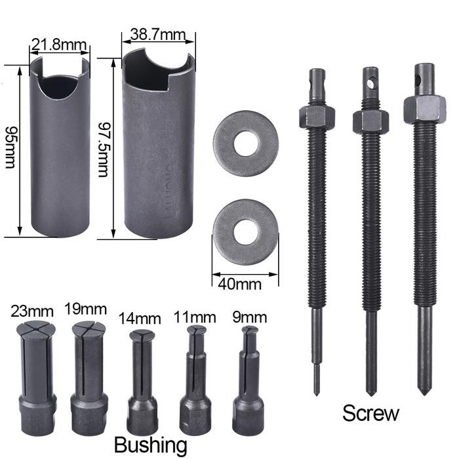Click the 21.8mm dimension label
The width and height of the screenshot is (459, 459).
click(x=59, y=45)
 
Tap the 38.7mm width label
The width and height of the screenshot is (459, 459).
click(x=157, y=32)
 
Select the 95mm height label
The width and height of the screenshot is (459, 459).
click(x=10, y=147)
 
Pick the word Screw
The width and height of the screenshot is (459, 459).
click(x=370, y=413)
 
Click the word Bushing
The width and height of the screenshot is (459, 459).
click(x=151, y=445)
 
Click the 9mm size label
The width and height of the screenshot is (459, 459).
click(x=250, y=318)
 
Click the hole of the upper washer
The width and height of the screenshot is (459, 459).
click(x=246, y=143)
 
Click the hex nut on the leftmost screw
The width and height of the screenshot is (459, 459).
click(x=317, y=117)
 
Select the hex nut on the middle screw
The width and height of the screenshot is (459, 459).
click(x=370, y=121)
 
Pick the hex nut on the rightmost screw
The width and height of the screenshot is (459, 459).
click(x=424, y=108)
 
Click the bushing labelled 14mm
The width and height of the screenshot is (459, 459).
click(x=142, y=380)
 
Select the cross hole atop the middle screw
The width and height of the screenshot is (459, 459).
click(x=371, y=84)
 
